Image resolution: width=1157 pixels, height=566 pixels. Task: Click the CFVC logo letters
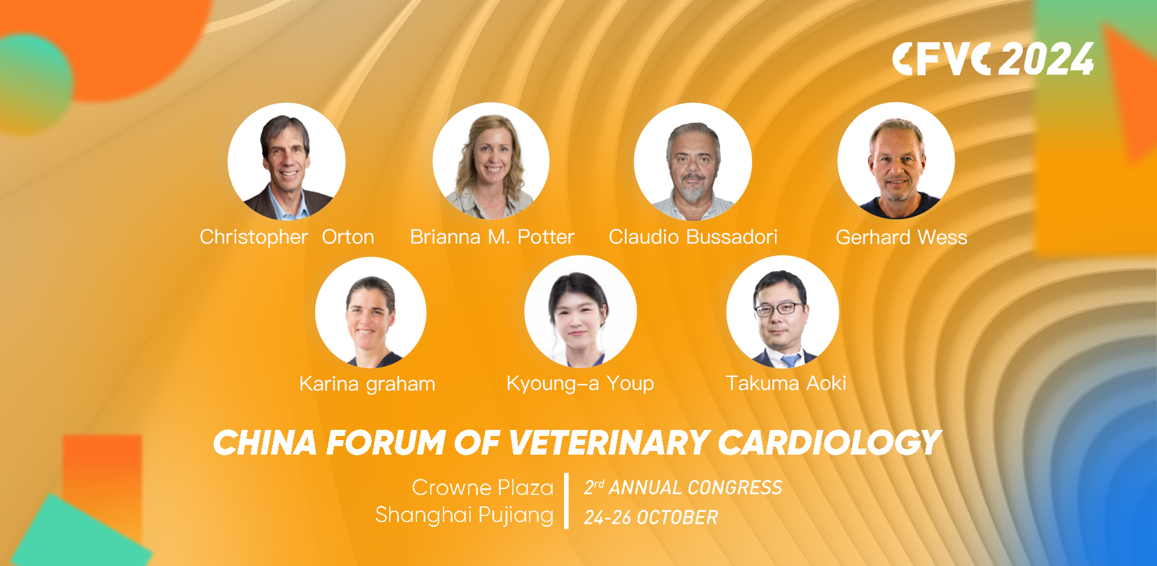pyautogui.click(x=941, y=59)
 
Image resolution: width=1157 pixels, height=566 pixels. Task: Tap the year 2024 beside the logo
pyautogui.click(x=1046, y=59)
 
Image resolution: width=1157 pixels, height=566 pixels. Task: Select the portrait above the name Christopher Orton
pyautogui.click(x=287, y=161)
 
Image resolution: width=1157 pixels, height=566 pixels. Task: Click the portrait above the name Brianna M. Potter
pyautogui.click(x=491, y=161)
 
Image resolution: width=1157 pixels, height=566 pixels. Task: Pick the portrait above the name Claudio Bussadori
pyautogui.click(x=693, y=161)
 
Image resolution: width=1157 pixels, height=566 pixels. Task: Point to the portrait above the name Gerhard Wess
pyautogui.click(x=896, y=161)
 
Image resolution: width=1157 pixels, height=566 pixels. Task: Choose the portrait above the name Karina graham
pyautogui.click(x=371, y=312)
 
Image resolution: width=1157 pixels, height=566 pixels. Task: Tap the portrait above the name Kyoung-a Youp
pyautogui.click(x=580, y=312)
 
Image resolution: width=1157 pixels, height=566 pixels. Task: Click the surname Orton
pyautogui.click(x=348, y=237)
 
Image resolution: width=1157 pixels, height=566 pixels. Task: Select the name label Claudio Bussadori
pyautogui.click(x=693, y=237)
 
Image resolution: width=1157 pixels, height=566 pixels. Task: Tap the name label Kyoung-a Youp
pyautogui.click(x=580, y=383)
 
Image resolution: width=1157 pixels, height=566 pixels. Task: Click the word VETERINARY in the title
pyautogui.click(x=609, y=443)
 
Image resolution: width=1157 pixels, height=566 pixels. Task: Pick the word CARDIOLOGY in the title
pyautogui.click(x=829, y=443)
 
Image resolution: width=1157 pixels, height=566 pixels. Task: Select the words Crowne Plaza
pyautogui.click(x=483, y=487)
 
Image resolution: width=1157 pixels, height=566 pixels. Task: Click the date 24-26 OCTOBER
pyautogui.click(x=651, y=517)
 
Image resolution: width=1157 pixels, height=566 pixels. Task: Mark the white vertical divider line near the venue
pyautogui.click(x=566, y=501)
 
